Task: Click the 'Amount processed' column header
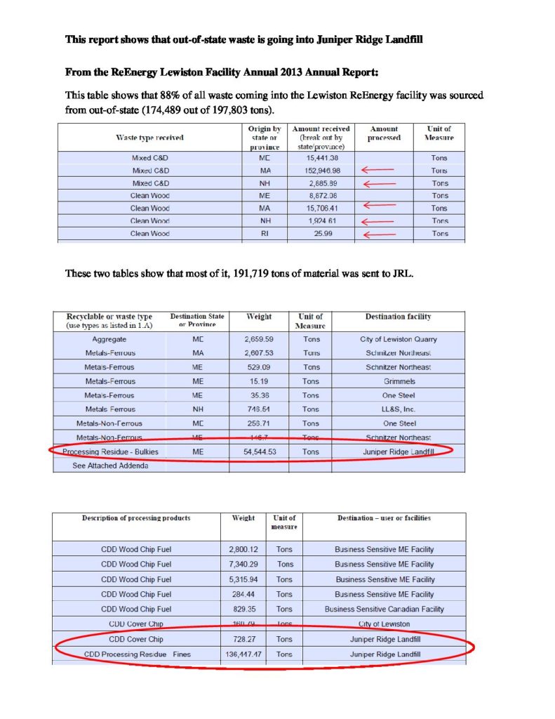384,133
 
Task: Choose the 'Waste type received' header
149,137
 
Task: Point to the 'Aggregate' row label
109,339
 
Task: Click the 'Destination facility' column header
398,317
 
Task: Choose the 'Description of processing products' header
136,518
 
